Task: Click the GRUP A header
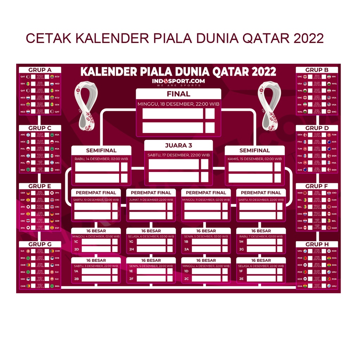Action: click(40, 70)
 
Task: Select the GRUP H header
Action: click(317, 244)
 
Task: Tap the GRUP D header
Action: click(317, 128)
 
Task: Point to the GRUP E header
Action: click(40, 186)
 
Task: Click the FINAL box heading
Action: click(178, 94)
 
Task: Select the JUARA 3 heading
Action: click(179, 145)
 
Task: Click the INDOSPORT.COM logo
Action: click(178, 82)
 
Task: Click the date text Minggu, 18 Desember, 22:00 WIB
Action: click(178, 104)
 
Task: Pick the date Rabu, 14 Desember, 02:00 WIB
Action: click(101, 159)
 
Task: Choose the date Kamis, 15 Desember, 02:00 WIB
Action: click(255, 159)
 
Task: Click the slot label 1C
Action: click(76, 242)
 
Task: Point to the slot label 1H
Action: click(241, 242)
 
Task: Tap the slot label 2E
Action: click(241, 278)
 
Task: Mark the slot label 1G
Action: click(131, 242)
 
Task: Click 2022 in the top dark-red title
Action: click(306, 38)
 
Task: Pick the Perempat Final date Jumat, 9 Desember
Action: click(151, 200)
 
